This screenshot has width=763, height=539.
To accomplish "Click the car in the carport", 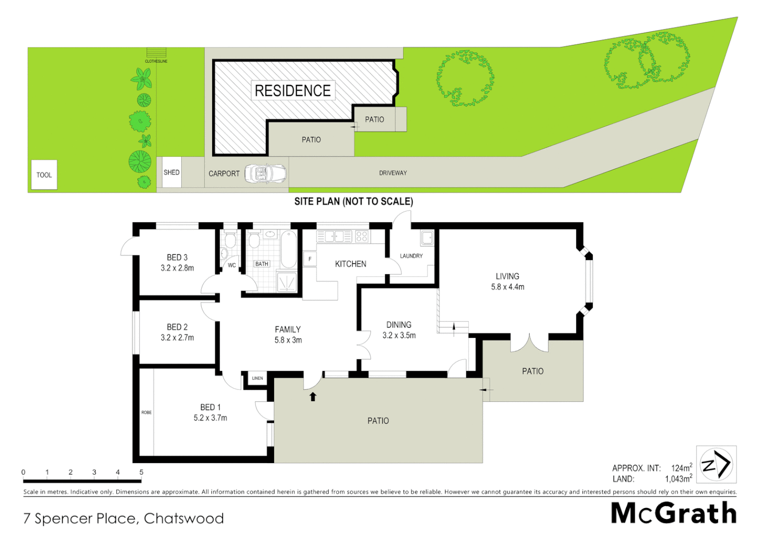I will click(266, 174).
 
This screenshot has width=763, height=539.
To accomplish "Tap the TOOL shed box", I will click(44, 175).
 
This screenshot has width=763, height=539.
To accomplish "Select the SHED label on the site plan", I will click(171, 172).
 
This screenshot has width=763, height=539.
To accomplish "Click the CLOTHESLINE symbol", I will click(156, 53).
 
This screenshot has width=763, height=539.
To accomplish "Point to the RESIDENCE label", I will click(293, 91).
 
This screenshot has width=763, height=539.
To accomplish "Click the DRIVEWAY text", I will click(393, 173).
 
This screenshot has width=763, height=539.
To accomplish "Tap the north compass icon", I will click(716, 465).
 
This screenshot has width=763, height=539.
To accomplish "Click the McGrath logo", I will click(674, 513).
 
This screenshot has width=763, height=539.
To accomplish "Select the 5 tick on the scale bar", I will click(141, 472).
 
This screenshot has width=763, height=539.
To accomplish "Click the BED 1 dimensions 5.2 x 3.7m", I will click(210, 418).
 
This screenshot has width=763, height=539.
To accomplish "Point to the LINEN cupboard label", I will click(257, 378).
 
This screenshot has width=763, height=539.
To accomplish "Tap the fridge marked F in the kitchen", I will click(310, 259).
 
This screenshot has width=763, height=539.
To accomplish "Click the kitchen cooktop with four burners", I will click(362, 236).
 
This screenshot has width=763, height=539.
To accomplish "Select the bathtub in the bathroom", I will click(288, 250).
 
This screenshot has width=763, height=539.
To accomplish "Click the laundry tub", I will click(427, 238).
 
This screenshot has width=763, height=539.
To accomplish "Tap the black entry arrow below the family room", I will click(313, 397).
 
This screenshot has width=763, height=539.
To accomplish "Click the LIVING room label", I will click(507, 276).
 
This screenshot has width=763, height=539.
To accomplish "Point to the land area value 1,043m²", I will click(678, 479).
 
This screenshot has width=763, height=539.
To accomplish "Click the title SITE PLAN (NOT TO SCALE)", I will click(354, 202).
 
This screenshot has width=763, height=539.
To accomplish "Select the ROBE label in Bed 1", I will click(146, 412).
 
